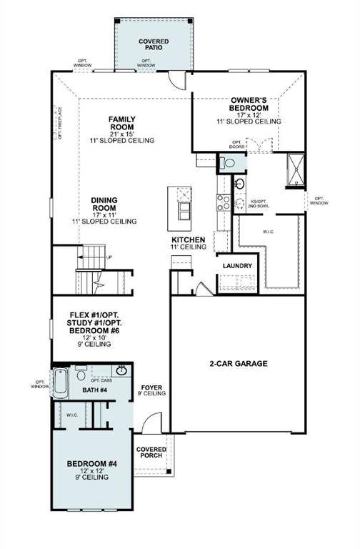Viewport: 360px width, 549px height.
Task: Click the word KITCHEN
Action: (x=189, y=239)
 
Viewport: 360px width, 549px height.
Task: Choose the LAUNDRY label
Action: (x=236, y=266)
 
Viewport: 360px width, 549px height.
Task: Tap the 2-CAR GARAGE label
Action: (x=238, y=364)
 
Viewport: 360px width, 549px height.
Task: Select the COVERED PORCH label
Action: (x=151, y=453)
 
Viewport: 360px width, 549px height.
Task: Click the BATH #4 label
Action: (x=94, y=390)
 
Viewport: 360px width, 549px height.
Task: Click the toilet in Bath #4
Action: (x=81, y=371)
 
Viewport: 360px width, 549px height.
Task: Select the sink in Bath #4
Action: (x=123, y=370)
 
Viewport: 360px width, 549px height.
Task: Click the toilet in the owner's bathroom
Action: (x=228, y=163)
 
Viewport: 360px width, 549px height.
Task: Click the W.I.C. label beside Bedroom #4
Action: (x=72, y=415)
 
